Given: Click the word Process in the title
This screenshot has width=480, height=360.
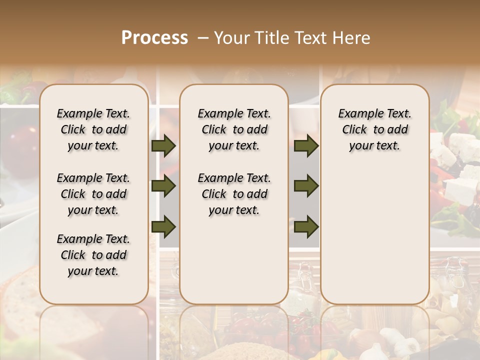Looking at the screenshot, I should click(154, 38).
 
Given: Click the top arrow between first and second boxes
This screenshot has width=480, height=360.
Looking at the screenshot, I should click(163, 146).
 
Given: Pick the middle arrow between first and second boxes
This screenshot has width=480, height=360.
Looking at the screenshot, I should click(163, 186).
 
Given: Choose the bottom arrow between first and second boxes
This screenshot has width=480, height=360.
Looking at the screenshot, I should click(163, 227).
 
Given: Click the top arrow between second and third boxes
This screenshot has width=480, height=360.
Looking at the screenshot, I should click(306, 146).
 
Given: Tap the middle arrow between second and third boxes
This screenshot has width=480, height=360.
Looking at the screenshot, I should click(306, 186).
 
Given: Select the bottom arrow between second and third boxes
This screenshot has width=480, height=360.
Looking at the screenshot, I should click(306, 227).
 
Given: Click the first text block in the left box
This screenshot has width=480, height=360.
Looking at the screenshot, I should click(93, 129).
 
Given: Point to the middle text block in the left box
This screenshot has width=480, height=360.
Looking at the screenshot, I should click(93, 194).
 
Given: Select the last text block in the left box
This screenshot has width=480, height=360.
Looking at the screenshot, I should click(93, 255).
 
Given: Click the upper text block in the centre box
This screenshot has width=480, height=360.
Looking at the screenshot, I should click(234, 129).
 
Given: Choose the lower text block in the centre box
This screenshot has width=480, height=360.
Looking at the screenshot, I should click(234, 194).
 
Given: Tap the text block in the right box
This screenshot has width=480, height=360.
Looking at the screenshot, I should click(374, 129).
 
